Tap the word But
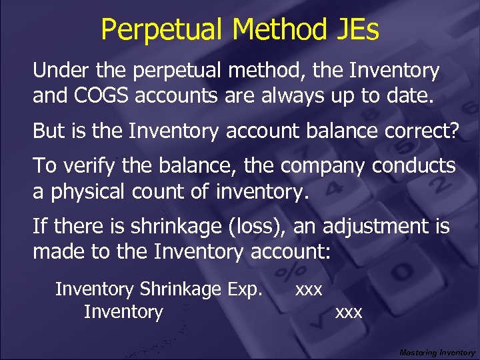(x=48, y=131)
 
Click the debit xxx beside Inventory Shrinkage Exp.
(x=309, y=290)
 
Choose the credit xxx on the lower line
(x=349, y=312)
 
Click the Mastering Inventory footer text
(x=437, y=352)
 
